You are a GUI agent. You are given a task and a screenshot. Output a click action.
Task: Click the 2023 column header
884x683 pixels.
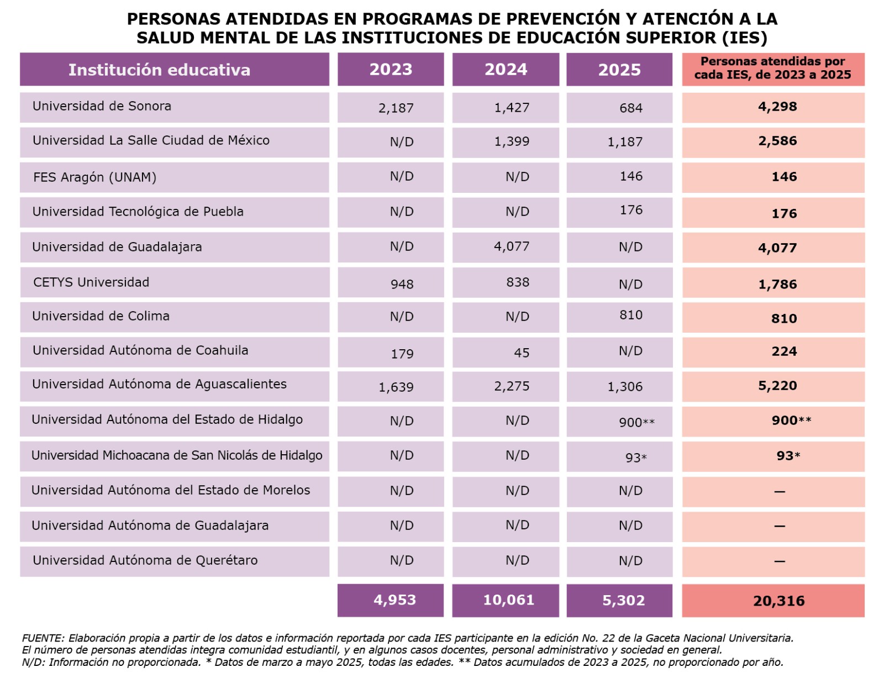tap(391, 70)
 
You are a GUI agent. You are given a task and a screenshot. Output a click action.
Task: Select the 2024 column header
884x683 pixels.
tap(506, 70)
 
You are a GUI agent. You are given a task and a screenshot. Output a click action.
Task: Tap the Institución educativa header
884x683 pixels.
tap(159, 70)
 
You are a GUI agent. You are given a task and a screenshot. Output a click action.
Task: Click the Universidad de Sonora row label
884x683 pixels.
tap(102, 106)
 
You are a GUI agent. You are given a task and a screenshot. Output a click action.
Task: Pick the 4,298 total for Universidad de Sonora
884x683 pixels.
tap(777, 107)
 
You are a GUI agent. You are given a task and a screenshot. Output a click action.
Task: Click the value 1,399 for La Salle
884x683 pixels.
tap(512, 141)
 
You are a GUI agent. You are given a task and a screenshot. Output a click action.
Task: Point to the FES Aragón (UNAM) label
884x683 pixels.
tap(94, 177)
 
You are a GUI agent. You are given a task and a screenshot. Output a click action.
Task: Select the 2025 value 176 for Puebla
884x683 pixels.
tap(631, 210)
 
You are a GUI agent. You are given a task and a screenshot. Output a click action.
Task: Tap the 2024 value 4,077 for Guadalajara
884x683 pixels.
tap(512, 246)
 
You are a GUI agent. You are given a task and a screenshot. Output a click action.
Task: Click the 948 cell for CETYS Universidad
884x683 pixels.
tap(402, 284)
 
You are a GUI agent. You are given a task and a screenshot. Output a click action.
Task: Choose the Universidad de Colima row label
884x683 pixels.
tap(101, 316)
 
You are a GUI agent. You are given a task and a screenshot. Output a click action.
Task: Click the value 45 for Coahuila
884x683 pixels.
tap(522, 353)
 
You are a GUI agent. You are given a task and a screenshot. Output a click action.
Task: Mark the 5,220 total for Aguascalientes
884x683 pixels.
tap(777, 386)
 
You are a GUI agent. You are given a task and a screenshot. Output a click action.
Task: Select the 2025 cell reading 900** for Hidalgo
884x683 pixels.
tap(636, 423)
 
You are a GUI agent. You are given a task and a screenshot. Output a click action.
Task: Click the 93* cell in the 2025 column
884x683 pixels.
tap(636, 458)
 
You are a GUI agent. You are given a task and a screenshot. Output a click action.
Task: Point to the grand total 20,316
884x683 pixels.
tap(778, 601)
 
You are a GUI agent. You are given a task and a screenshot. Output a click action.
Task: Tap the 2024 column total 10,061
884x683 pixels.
tap(508, 600)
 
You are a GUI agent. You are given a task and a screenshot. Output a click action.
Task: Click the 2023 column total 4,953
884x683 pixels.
tap(394, 600)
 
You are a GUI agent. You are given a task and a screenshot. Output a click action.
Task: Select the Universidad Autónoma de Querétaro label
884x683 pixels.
tap(145, 560)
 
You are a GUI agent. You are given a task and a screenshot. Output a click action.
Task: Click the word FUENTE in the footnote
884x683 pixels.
tap(43, 638)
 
